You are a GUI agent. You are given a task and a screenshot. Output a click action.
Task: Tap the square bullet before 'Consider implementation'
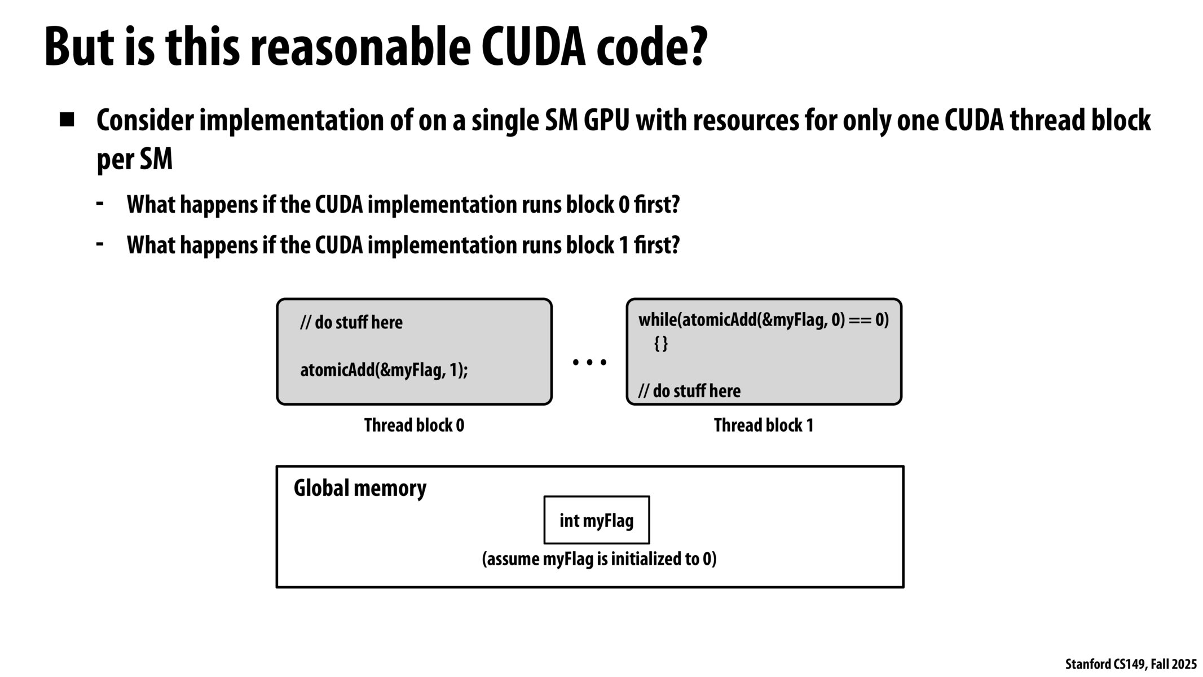click(67, 120)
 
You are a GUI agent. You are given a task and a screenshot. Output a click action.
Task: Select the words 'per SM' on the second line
click(134, 160)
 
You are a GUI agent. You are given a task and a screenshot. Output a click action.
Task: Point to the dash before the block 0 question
click(100, 203)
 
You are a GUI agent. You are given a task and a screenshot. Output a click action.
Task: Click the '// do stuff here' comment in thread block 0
click(351, 323)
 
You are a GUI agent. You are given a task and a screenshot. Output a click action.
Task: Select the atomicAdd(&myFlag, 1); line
click(384, 370)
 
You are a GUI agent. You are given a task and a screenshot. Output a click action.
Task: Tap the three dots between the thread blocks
click(589, 362)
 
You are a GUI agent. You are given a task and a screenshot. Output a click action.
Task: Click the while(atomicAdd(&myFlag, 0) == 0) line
click(763, 320)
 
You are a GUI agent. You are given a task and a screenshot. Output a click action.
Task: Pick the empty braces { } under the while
click(661, 343)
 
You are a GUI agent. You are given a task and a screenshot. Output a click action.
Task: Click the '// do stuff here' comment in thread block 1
click(689, 390)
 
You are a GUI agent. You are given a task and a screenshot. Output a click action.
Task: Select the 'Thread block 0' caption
click(414, 425)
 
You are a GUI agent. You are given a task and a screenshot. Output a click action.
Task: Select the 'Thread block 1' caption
click(763, 425)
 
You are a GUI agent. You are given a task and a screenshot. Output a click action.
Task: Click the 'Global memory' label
click(360, 488)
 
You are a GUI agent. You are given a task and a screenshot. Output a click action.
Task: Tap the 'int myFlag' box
click(596, 520)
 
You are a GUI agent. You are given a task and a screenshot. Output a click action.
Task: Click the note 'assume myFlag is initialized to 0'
click(599, 559)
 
